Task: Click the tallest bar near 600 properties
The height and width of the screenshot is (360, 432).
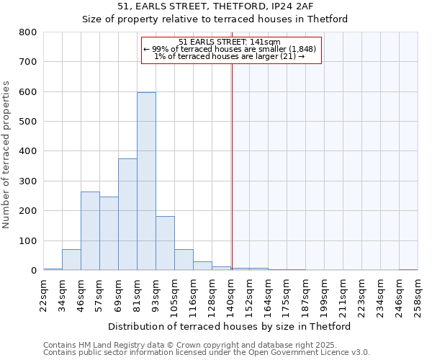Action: (146, 181)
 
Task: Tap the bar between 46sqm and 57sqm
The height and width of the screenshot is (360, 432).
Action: (90, 231)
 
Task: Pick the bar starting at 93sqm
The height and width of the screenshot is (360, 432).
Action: (165, 243)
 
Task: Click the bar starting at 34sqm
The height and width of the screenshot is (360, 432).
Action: (71, 260)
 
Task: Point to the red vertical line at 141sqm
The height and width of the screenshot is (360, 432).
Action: (232, 166)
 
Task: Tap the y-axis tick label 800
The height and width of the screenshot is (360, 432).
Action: (28, 32)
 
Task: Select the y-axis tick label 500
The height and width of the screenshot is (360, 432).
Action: (28, 122)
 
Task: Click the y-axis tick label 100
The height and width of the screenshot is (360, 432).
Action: (28, 240)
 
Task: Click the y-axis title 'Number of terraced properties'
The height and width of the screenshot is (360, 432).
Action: (7, 155)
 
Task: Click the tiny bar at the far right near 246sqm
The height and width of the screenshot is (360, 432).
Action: (408, 269)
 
